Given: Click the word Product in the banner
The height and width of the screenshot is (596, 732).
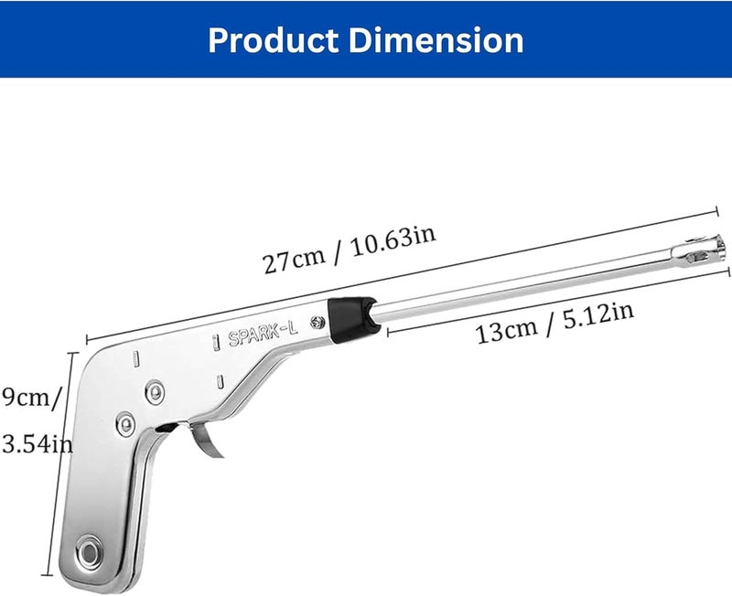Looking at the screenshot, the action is (273, 40).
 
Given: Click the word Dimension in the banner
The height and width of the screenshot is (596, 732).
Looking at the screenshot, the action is (436, 40).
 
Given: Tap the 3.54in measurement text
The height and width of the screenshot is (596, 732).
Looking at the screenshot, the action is (38, 443).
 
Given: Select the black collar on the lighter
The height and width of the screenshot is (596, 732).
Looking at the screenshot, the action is (351, 319).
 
